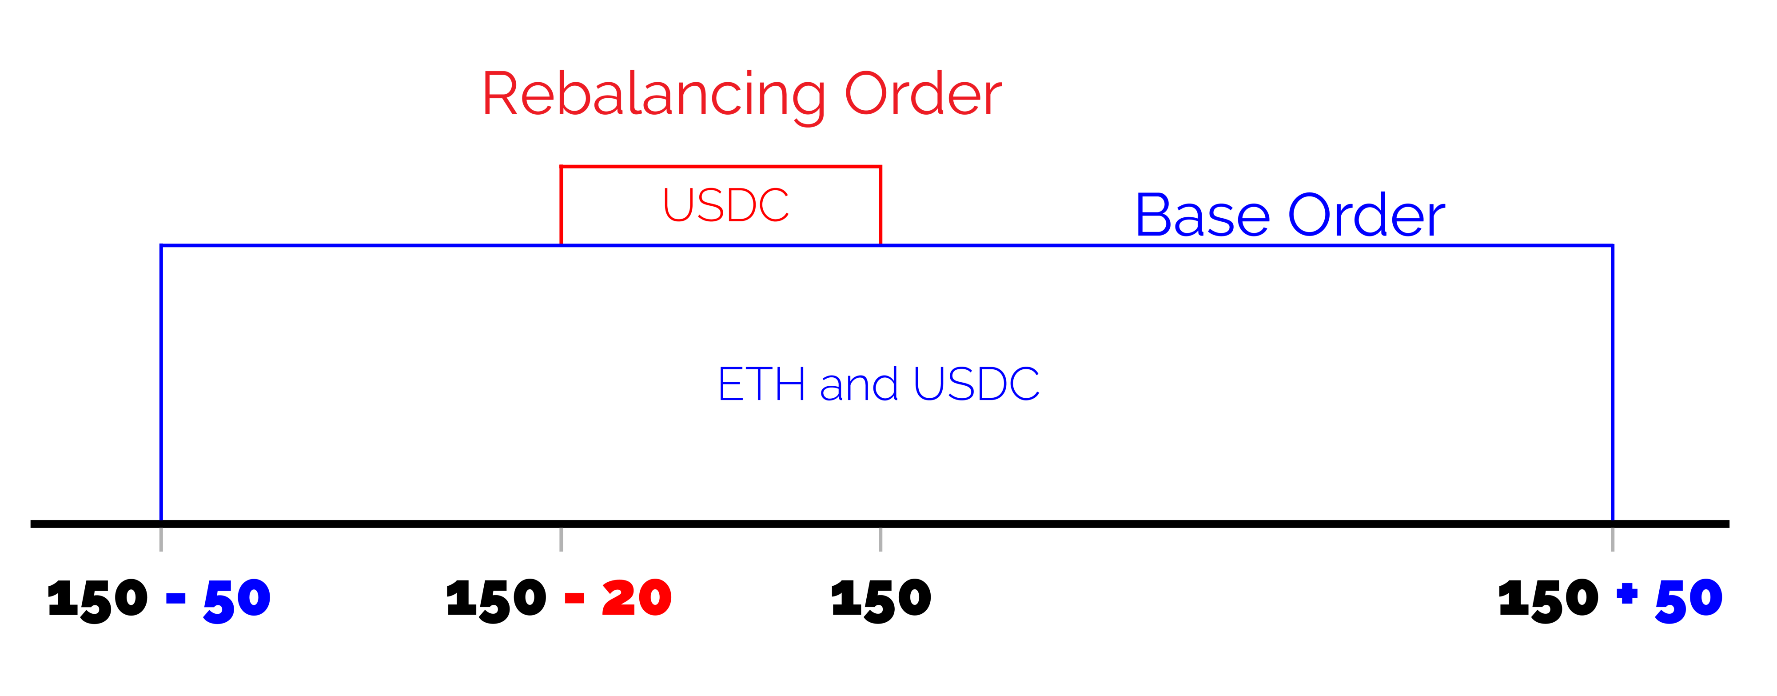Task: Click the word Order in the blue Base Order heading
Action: pyautogui.click(x=1366, y=216)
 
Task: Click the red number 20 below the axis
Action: pyautogui.click(x=637, y=598)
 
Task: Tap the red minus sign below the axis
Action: pyautogui.click(x=574, y=599)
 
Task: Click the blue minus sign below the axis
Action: pyautogui.click(x=176, y=599)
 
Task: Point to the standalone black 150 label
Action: pyautogui.click(x=881, y=599)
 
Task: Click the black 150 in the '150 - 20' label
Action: pyautogui.click(x=497, y=599)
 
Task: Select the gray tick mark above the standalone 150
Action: pyautogui.click(x=880, y=540)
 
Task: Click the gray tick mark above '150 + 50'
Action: pyautogui.click(x=1612, y=540)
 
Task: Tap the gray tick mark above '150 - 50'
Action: pyautogui.click(x=161, y=540)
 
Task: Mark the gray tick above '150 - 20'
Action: pyautogui.click(x=561, y=540)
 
